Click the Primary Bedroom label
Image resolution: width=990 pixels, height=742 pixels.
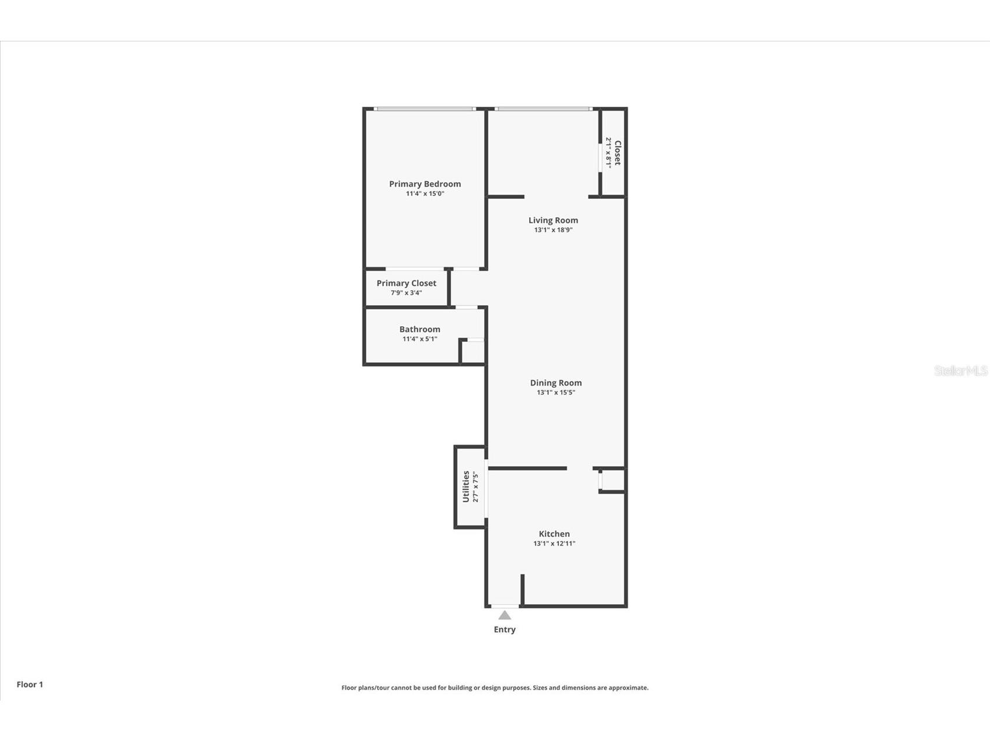coord(425,184)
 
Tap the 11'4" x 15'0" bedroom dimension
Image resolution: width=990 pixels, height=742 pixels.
coord(425,194)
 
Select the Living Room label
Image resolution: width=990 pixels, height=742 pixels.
coord(553,220)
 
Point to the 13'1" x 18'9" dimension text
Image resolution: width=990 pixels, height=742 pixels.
coord(553,230)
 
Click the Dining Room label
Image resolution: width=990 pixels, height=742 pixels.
coord(555,383)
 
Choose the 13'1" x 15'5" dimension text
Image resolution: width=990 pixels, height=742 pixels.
coord(555,393)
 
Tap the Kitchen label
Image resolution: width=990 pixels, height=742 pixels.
coord(554,534)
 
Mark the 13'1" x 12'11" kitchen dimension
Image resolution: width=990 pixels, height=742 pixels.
coord(554,544)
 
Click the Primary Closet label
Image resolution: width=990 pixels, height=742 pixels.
coord(406,283)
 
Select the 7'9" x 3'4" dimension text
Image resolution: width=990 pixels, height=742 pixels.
coord(406,293)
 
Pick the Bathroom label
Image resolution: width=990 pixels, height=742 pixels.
coord(419,329)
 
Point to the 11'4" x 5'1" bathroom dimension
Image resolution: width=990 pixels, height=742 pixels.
coord(419,339)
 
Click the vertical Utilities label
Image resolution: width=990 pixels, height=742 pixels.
coord(466,487)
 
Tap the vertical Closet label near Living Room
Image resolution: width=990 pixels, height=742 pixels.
coord(618,153)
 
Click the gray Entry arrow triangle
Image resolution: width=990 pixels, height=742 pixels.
coord(505,615)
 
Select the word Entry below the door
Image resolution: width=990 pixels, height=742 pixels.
coord(505,629)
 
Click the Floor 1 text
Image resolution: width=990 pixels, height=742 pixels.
coord(30,684)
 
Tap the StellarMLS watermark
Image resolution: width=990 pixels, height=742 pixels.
coord(961,370)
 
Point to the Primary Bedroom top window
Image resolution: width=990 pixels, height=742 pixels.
coord(424,108)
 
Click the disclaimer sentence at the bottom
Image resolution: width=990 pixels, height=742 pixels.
coord(495,688)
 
